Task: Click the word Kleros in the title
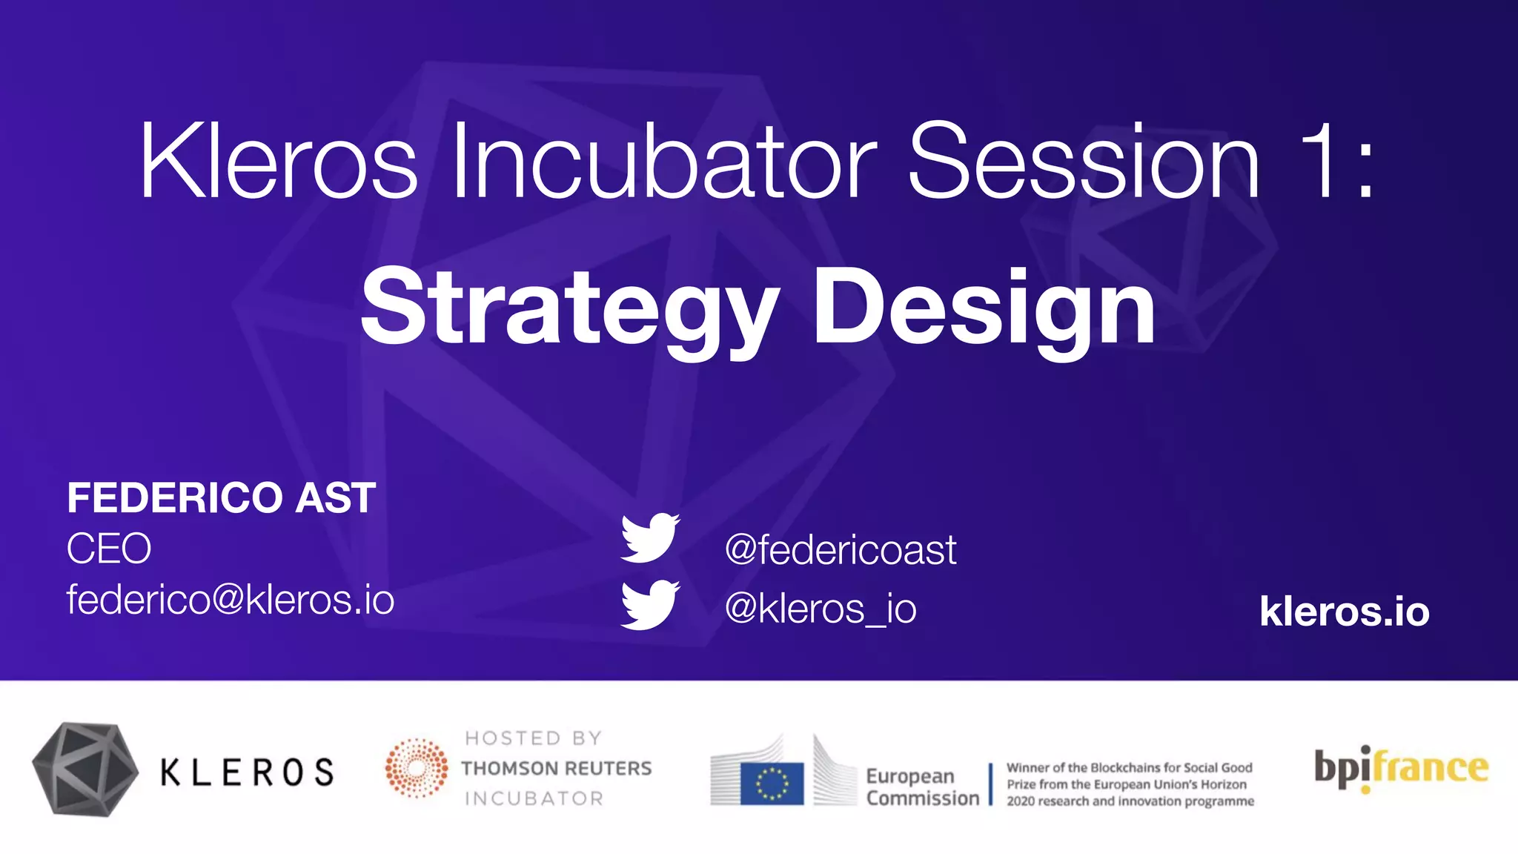(278, 162)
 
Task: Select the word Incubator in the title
(663, 162)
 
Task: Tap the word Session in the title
(1083, 162)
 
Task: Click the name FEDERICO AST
(221, 497)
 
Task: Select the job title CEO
(109, 549)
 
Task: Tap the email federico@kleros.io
(230, 599)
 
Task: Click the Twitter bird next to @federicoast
(649, 537)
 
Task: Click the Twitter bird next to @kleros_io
(649, 605)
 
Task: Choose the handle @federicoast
(840, 550)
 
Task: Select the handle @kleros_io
(820, 609)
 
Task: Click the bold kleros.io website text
(1344, 612)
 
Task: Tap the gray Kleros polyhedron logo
(85, 769)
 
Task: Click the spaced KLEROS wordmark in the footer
(248, 772)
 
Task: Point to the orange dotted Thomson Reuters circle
(417, 767)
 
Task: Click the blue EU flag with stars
(772, 784)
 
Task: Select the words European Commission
(921, 787)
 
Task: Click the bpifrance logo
(1400, 768)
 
